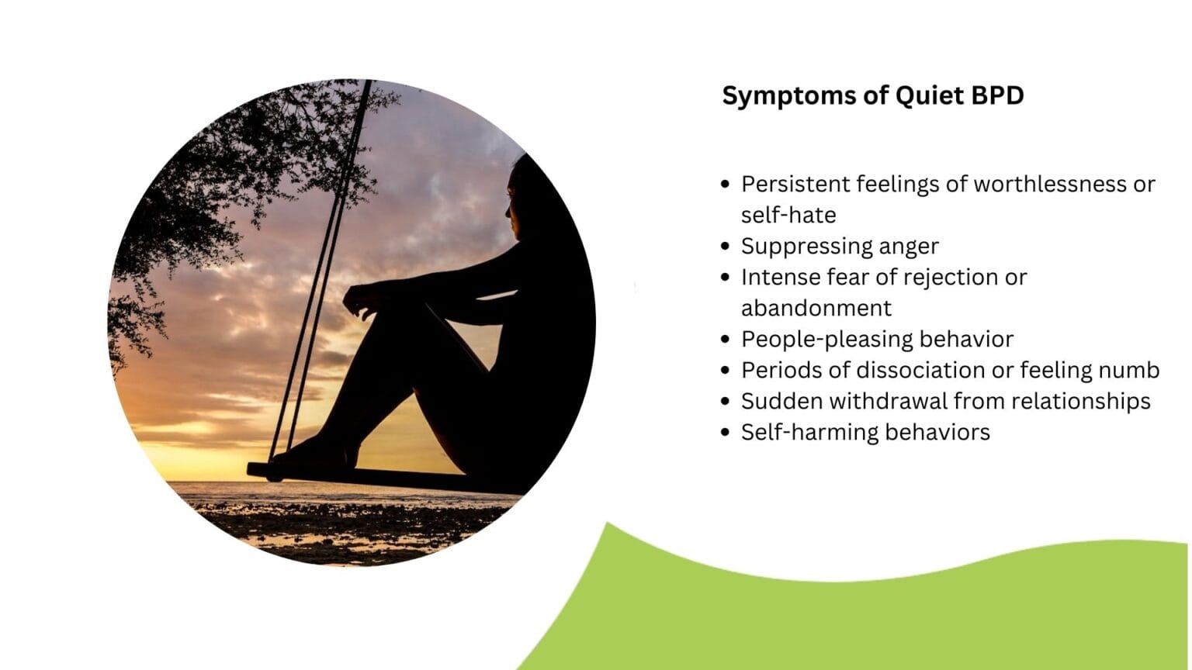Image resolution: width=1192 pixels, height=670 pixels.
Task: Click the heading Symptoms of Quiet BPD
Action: pyautogui.click(x=872, y=95)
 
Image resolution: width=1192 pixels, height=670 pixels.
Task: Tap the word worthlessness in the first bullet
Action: pyautogui.click(x=1053, y=184)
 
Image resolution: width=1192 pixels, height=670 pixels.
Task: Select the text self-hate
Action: pyautogui.click(x=788, y=215)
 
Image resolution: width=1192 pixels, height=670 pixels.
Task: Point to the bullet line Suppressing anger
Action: pyautogui.click(x=839, y=246)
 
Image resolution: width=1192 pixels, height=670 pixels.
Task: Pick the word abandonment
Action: pyautogui.click(x=816, y=308)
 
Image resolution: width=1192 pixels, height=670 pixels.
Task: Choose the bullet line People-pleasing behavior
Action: pyautogui.click(x=877, y=339)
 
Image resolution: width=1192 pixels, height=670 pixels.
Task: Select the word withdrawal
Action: pyautogui.click(x=888, y=401)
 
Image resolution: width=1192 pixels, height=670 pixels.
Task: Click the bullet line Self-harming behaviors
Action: pyautogui.click(x=865, y=432)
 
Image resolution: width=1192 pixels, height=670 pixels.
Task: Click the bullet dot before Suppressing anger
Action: pyautogui.click(x=726, y=247)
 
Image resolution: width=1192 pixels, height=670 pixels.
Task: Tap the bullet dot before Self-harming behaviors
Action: pyautogui.click(x=726, y=433)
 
